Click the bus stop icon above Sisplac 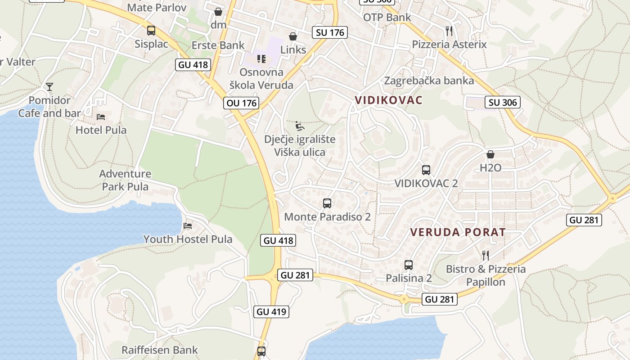(x=151, y=31)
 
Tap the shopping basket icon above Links (x=292, y=36)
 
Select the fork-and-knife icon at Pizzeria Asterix (x=449, y=31)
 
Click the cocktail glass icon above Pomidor (x=49, y=86)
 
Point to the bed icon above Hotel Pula (x=101, y=117)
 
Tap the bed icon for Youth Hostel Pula (x=188, y=225)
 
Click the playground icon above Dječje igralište (x=299, y=126)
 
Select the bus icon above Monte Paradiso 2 (x=327, y=203)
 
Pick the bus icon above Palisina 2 (x=409, y=265)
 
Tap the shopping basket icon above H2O (x=490, y=154)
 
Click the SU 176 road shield (x=330, y=32)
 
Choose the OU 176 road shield (x=242, y=103)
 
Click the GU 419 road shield (x=271, y=311)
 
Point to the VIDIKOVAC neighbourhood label (x=389, y=100)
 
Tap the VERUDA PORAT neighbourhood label (x=458, y=232)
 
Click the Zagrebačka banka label (x=429, y=81)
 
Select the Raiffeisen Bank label (x=160, y=350)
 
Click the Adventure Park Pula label (x=126, y=180)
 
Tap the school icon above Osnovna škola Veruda (x=261, y=59)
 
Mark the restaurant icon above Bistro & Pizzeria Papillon (x=485, y=256)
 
